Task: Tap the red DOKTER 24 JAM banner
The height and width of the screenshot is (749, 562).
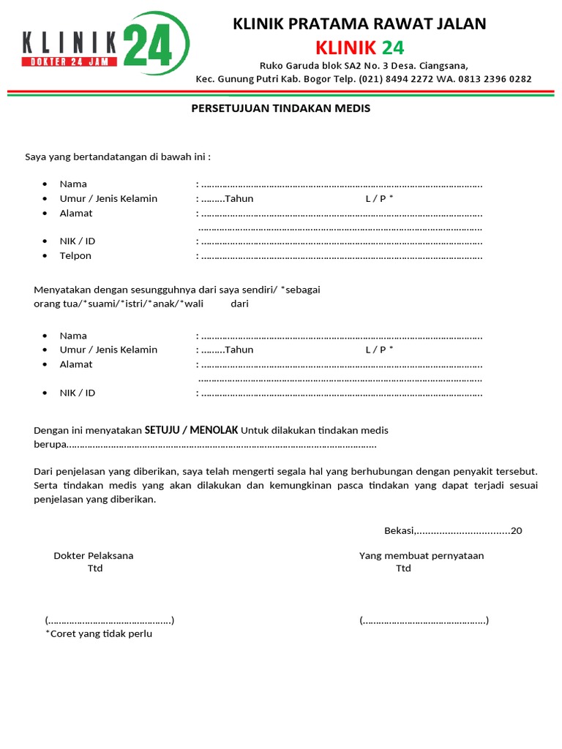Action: (70, 62)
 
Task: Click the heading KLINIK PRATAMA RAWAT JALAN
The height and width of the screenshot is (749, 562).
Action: (359, 24)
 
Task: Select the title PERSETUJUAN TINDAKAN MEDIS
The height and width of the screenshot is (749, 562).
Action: (281, 108)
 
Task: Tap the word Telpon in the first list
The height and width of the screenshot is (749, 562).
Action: (75, 256)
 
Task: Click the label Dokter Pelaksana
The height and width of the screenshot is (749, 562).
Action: (94, 556)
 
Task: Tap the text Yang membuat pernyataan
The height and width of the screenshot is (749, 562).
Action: (421, 556)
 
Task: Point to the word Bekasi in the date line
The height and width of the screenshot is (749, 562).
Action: (400, 531)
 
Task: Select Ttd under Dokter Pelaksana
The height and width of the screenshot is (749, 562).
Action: (95, 569)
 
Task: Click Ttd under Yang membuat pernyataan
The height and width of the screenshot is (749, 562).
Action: (403, 569)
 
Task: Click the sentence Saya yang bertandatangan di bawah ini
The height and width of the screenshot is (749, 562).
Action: (118, 157)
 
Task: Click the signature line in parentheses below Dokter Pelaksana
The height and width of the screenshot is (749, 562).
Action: (110, 621)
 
